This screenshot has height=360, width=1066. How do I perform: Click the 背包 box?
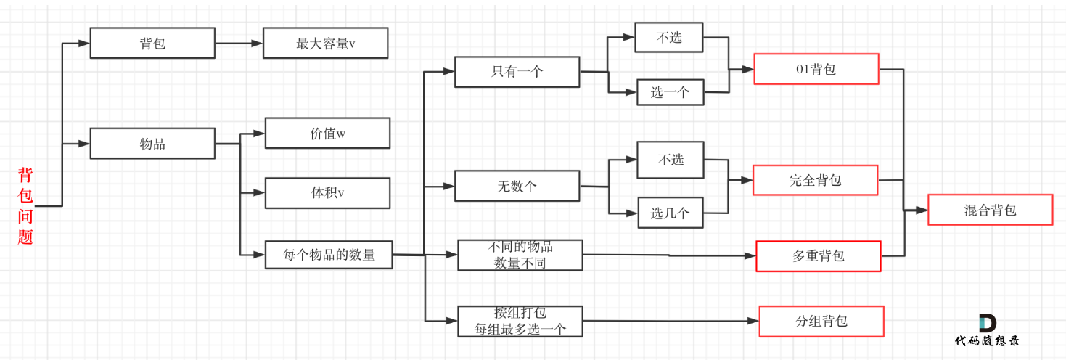[152, 43]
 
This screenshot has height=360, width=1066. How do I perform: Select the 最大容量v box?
[325, 43]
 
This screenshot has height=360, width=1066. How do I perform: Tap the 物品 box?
[152, 143]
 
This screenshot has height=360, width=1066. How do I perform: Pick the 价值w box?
[327, 133]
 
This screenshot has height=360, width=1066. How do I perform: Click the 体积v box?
[327, 192]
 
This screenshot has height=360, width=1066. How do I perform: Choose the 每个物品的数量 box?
[329, 255]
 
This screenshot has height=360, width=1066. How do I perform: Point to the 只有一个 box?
[517, 71]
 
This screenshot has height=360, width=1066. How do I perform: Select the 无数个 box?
[517, 186]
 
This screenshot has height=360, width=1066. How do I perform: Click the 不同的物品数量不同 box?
[520, 255]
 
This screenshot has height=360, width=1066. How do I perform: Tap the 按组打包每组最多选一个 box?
[520, 321]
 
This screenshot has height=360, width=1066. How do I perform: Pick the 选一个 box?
[670, 92]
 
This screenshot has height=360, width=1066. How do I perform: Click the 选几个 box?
[671, 213]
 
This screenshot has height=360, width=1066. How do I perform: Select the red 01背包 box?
[816, 69]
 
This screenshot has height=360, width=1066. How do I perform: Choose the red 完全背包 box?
[816, 180]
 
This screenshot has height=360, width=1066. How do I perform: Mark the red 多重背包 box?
[819, 256]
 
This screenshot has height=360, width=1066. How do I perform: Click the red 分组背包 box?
[821, 321]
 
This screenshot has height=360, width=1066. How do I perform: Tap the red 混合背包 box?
[990, 210]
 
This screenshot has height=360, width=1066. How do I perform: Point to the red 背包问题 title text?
[25, 206]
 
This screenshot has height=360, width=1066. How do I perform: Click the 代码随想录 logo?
[987, 331]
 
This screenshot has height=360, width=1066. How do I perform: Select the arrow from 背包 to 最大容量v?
[239, 43]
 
